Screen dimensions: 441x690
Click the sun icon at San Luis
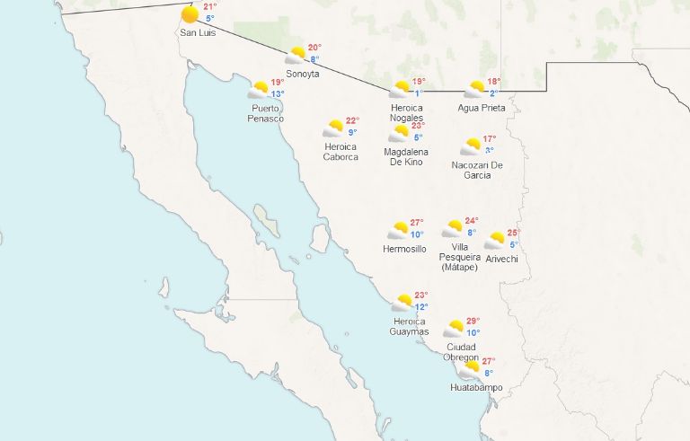pos(190,14)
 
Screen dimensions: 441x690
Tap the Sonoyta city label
pos(302,74)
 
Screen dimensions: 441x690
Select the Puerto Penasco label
pos(267,113)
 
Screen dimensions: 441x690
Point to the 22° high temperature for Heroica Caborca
pos(352,120)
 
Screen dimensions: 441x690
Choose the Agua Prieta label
pos(482,108)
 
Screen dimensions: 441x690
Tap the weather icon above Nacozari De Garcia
pos(471,147)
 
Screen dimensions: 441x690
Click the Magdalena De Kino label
pos(406,157)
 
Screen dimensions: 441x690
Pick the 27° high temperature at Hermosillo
pos(417,222)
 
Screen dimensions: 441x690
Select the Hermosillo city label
pos(404,249)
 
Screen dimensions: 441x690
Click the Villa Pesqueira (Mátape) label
pos(459,256)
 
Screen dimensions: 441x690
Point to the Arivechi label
pos(501,259)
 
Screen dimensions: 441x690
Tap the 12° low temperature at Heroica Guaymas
pos(421,306)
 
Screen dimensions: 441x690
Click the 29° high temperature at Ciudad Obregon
pos(473,321)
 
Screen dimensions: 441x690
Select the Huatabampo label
pos(476,388)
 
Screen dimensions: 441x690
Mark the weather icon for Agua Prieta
pos(474,90)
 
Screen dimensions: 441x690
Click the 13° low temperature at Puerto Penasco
pos(278,94)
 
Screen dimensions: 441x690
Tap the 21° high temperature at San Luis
pos(210,6)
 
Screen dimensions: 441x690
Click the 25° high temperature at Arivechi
pos(513,233)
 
